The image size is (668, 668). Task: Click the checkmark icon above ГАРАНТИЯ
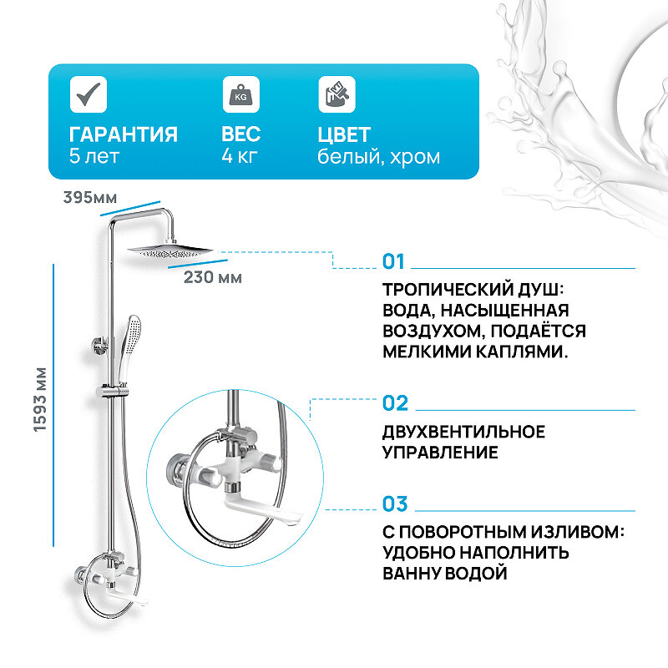coord(86,94)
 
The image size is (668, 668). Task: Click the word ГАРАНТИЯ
coord(124,134)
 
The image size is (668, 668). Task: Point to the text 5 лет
coord(96,156)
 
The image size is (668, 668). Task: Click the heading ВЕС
coord(241,134)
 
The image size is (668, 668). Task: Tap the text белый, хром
coord(378,156)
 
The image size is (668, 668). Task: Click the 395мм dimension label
coord(89,197)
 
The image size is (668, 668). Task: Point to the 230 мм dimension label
coord(213,277)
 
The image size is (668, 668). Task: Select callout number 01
coord(393,262)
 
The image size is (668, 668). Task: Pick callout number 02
coord(395,404)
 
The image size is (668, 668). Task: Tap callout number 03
coord(395,504)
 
